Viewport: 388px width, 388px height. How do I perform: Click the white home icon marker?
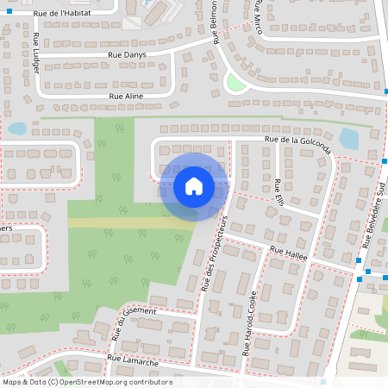193,186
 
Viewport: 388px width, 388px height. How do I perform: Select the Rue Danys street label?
127,54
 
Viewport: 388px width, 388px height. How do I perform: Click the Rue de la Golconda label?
298,143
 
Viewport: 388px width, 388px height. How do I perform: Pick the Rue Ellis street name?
278,190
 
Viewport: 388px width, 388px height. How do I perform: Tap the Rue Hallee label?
288,256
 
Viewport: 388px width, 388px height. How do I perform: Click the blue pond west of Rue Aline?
17,128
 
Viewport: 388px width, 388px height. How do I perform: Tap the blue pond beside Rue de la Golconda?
348,138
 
